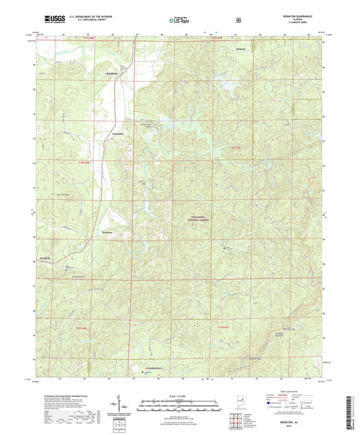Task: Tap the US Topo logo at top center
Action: click(179, 21)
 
